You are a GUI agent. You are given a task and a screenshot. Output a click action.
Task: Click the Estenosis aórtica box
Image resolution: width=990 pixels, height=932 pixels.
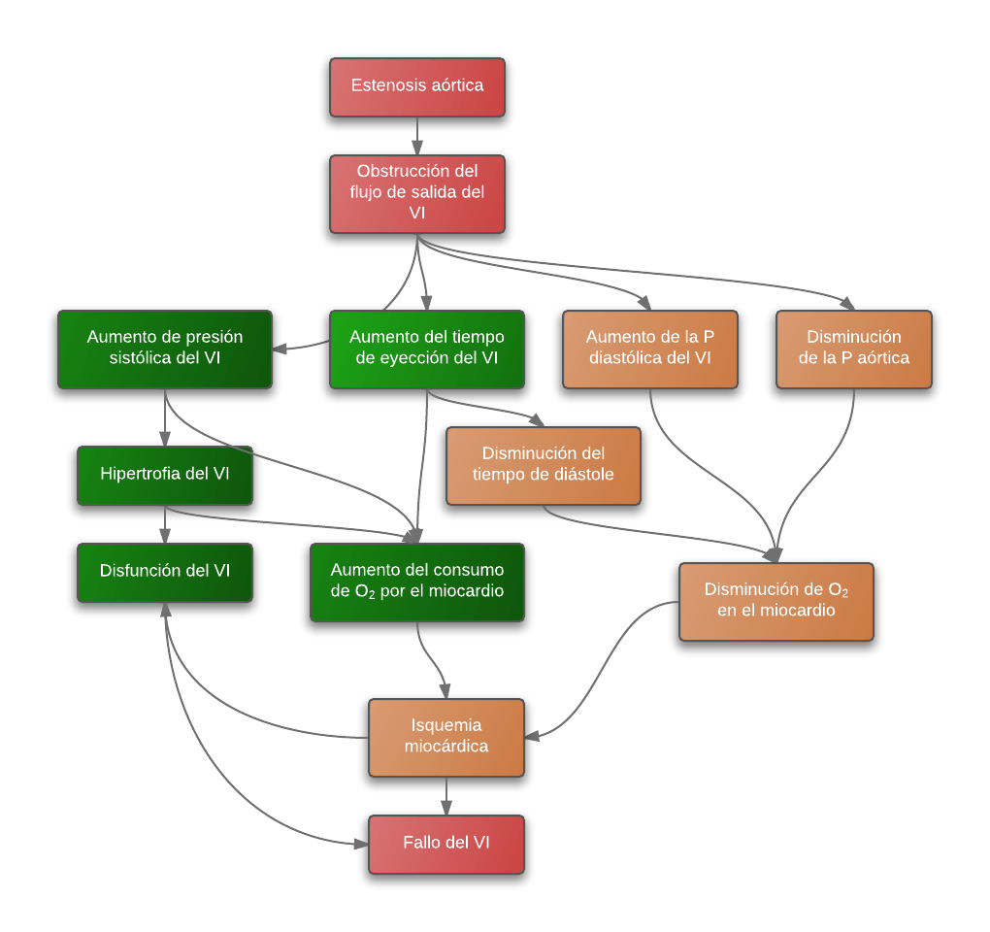pyautogui.click(x=417, y=87)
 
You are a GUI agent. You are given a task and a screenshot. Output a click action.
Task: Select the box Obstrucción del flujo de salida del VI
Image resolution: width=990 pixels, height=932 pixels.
pyautogui.click(x=417, y=194)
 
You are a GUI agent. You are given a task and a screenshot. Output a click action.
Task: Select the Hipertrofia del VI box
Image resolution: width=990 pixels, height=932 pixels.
pyautogui.click(x=165, y=476)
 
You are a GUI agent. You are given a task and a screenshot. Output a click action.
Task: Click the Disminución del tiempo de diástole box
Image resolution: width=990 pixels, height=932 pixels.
pyautogui.click(x=544, y=466)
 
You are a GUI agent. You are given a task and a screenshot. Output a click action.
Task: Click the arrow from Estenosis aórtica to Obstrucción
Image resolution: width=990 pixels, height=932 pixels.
pyautogui.click(x=417, y=136)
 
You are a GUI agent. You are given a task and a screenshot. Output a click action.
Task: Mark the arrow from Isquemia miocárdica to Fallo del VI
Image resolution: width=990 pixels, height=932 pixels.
pyautogui.click(x=446, y=796)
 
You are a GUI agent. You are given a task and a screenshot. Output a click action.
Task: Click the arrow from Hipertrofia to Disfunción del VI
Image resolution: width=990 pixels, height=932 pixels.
pyautogui.click(x=165, y=524)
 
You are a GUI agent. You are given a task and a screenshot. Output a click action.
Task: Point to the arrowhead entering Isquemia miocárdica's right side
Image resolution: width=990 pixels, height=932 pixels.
pyautogui.click(x=532, y=737)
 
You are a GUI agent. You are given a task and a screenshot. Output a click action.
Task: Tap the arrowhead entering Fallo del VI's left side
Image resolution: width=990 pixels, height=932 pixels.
pyautogui.click(x=361, y=844)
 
